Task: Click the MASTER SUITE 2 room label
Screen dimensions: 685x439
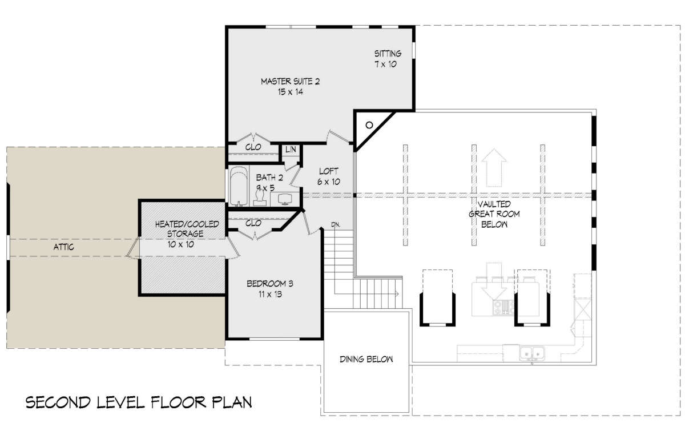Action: pos(290,82)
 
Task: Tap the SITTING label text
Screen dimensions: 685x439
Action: pos(388,54)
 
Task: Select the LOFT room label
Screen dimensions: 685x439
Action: pos(328,171)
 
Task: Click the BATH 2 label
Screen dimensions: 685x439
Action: pos(269,178)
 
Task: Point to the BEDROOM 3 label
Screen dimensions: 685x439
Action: pos(269,284)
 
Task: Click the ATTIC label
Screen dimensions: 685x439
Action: pos(63,247)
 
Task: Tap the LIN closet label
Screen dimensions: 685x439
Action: pos(291,150)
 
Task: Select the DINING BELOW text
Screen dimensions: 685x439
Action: pos(366,359)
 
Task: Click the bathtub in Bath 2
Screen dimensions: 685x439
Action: pos(239,186)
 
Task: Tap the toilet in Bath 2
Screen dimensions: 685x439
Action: pos(260,198)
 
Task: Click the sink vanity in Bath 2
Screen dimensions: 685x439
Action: pos(285,199)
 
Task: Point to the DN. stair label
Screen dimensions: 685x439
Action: pos(336,224)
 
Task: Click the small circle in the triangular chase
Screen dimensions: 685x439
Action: pos(369,125)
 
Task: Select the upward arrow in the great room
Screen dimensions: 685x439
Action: pos(494,168)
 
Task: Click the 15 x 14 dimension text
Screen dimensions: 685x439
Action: pos(290,92)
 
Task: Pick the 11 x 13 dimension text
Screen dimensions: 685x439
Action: pos(269,295)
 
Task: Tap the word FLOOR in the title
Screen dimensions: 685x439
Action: pos(179,402)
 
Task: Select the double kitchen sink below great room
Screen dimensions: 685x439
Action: pos(532,353)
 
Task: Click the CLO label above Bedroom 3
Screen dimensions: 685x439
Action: pos(253,223)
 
